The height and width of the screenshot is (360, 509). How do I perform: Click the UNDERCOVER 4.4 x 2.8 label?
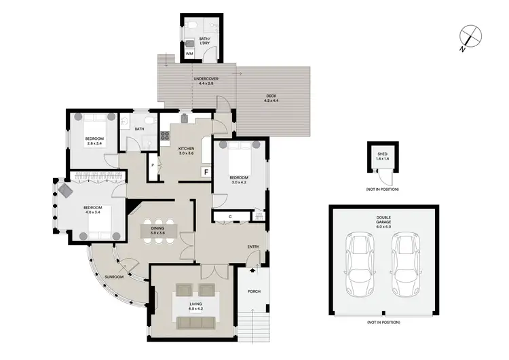pyautogui.click(x=202, y=81)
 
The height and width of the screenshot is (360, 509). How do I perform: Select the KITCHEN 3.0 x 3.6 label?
pyautogui.click(x=186, y=151)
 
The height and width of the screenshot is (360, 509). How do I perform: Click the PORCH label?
pyautogui.click(x=254, y=292)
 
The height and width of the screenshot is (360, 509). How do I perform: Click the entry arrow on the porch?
pyautogui.click(x=253, y=270)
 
